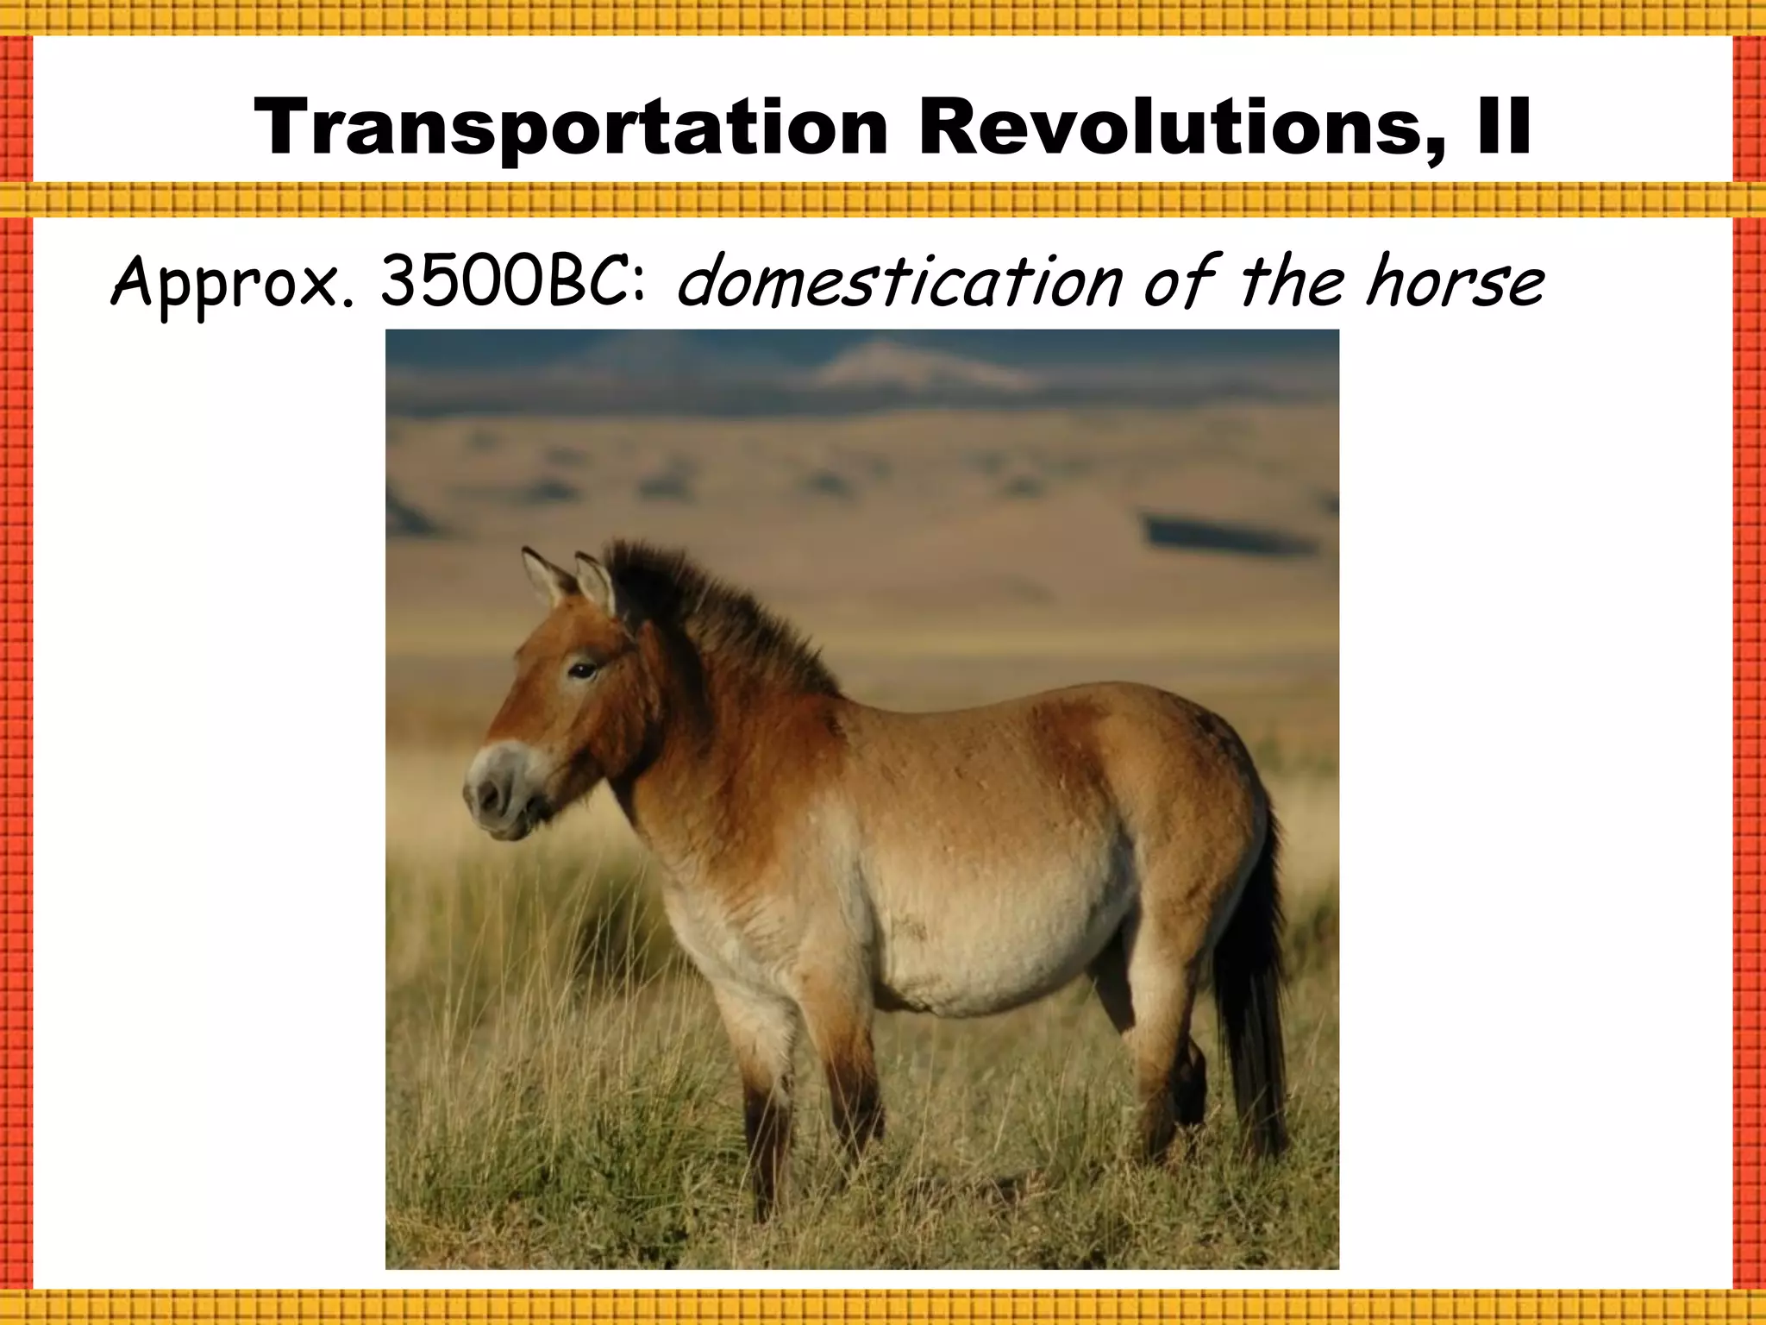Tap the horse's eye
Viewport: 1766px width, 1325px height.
[x=583, y=669]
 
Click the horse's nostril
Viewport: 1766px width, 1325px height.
[x=491, y=793]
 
